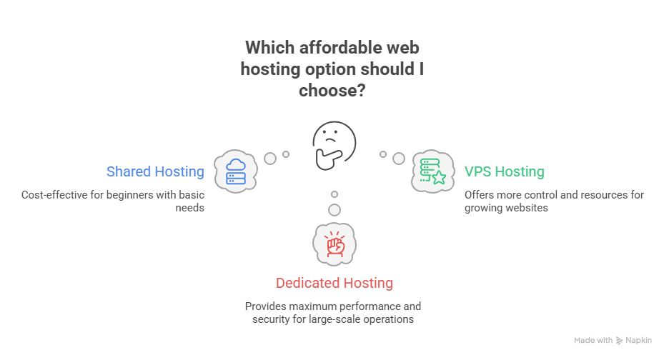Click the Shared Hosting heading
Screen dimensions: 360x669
155,171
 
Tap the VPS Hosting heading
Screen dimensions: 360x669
504,171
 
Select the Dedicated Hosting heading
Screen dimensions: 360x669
334,283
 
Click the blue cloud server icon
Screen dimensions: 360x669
236,171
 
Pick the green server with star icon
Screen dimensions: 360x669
432,171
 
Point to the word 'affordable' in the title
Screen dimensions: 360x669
337,48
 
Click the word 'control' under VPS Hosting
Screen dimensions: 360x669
537,194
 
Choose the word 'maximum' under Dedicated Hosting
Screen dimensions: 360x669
309,306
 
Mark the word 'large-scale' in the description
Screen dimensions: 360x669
330,319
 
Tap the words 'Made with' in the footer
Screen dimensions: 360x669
593,341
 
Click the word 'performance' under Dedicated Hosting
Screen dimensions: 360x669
367,306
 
